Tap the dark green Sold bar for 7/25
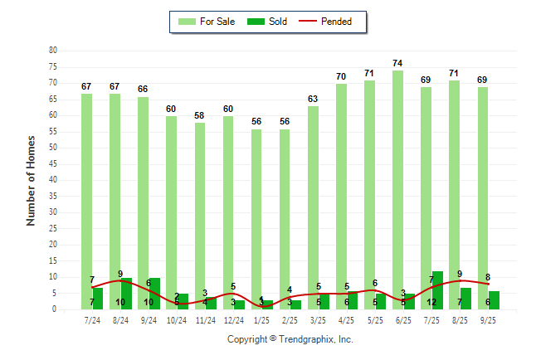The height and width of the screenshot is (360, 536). (x=437, y=290)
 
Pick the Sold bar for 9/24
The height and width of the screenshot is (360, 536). (x=153, y=294)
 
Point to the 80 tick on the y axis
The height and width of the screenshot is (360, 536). (x=53, y=51)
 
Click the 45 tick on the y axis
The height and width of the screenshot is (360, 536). (x=53, y=164)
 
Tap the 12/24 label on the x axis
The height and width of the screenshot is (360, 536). (x=233, y=319)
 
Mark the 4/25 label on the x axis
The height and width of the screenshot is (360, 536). (x=347, y=319)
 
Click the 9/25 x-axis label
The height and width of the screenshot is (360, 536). (x=488, y=319)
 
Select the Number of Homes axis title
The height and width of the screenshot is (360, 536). (x=31, y=180)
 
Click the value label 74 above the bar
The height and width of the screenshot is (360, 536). (x=397, y=64)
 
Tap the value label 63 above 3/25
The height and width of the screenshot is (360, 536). (x=313, y=100)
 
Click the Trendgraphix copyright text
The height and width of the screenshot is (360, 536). (x=290, y=339)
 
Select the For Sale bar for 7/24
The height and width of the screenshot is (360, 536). (x=86, y=199)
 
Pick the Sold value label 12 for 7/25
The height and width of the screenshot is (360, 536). (x=431, y=303)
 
